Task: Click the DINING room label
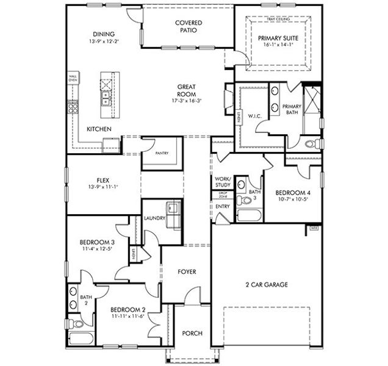(104, 34)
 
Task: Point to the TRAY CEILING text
(279, 20)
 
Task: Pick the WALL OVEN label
(73, 78)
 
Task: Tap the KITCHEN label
(98, 129)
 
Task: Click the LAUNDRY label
(154, 218)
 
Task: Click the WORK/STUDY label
(223, 181)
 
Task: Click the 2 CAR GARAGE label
(267, 284)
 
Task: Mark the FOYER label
(187, 271)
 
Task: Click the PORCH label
(192, 332)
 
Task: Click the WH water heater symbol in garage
(315, 228)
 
